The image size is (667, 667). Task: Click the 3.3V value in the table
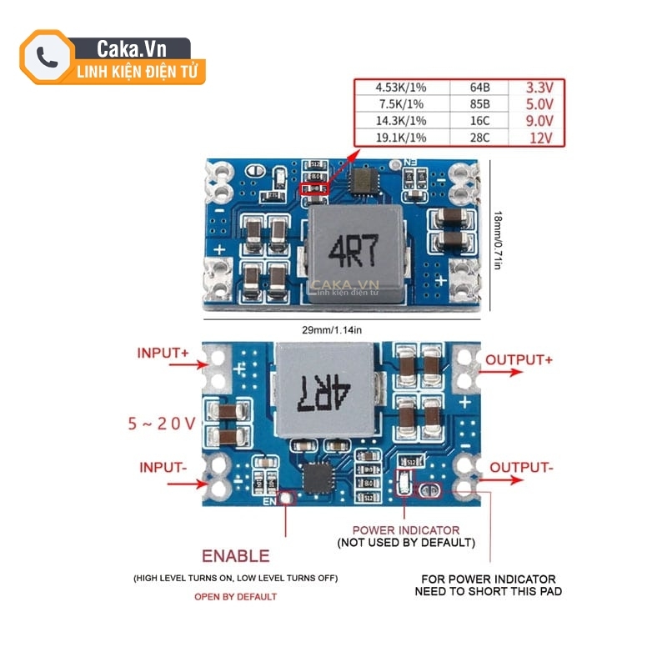pyautogui.click(x=539, y=88)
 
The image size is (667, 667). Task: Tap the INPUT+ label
pyautogui.click(x=163, y=353)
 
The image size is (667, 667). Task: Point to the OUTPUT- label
pyautogui.click(x=521, y=467)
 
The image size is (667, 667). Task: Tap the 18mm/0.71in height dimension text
pyautogui.click(x=497, y=239)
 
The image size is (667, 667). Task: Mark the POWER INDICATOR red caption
pyautogui.click(x=405, y=529)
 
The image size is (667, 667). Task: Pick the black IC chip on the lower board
pyautogui.click(x=317, y=477)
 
